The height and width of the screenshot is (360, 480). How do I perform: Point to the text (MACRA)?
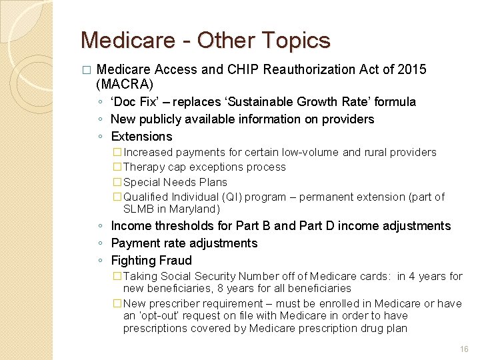click(125, 85)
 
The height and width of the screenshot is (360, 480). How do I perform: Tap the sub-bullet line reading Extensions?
click(141, 137)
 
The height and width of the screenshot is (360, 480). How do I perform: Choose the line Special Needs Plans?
click(175, 182)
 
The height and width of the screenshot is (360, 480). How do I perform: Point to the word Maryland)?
click(195, 209)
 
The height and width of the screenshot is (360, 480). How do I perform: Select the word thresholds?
click(182, 226)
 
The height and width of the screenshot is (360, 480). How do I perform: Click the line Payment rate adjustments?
click(184, 243)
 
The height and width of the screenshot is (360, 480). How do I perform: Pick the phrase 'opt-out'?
click(163, 315)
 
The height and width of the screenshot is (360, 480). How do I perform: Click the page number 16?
click(463, 349)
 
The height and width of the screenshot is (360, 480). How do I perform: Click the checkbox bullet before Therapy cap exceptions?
click(117, 167)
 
